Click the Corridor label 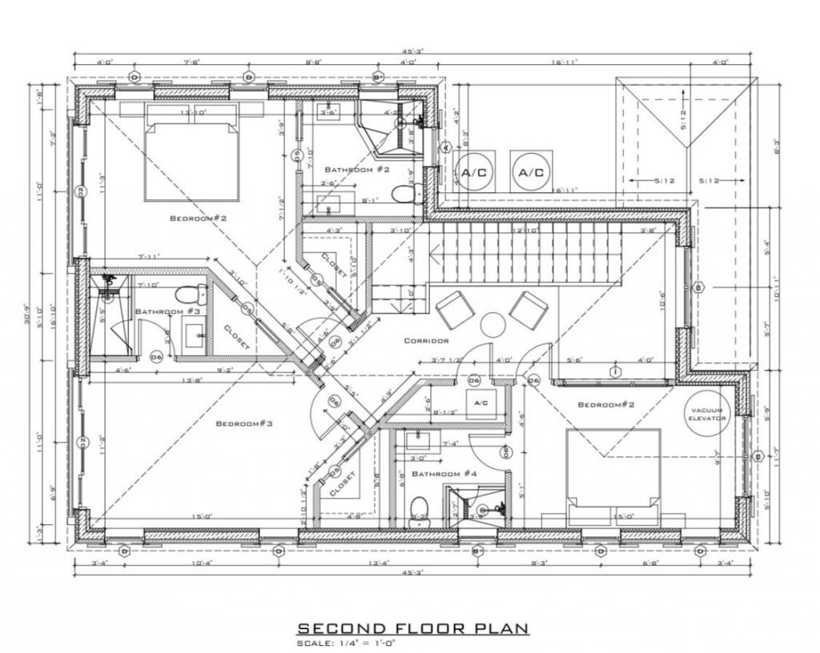[426, 341]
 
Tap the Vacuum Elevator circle [708, 413]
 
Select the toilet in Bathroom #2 [404, 193]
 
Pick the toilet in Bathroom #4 [419, 509]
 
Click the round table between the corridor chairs [492, 324]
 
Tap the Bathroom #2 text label [356, 170]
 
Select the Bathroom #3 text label [167, 311]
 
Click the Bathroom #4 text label [444, 474]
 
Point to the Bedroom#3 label [244, 423]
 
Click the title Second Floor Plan [413, 628]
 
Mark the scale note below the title [348, 643]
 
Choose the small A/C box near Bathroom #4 [481, 403]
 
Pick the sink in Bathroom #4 [417, 439]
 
